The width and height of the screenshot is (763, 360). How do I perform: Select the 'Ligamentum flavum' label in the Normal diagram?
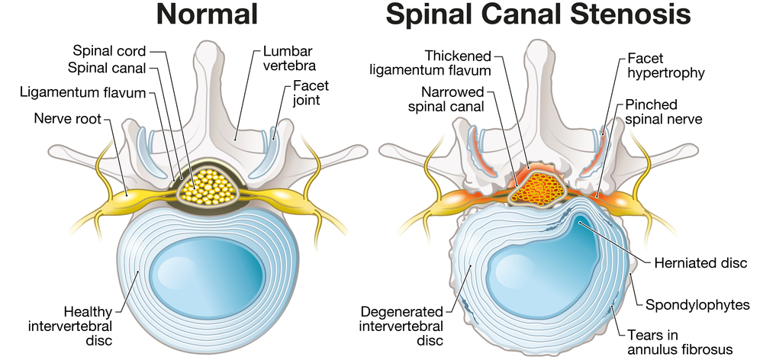pos(84,92)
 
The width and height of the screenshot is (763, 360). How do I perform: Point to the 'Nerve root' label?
pos(68,118)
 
